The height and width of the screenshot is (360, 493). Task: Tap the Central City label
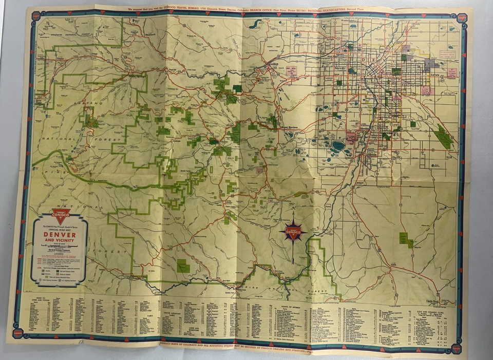[136, 33]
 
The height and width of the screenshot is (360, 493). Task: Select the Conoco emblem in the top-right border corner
[463, 18]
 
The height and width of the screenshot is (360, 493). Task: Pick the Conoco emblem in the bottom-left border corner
[18, 333]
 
